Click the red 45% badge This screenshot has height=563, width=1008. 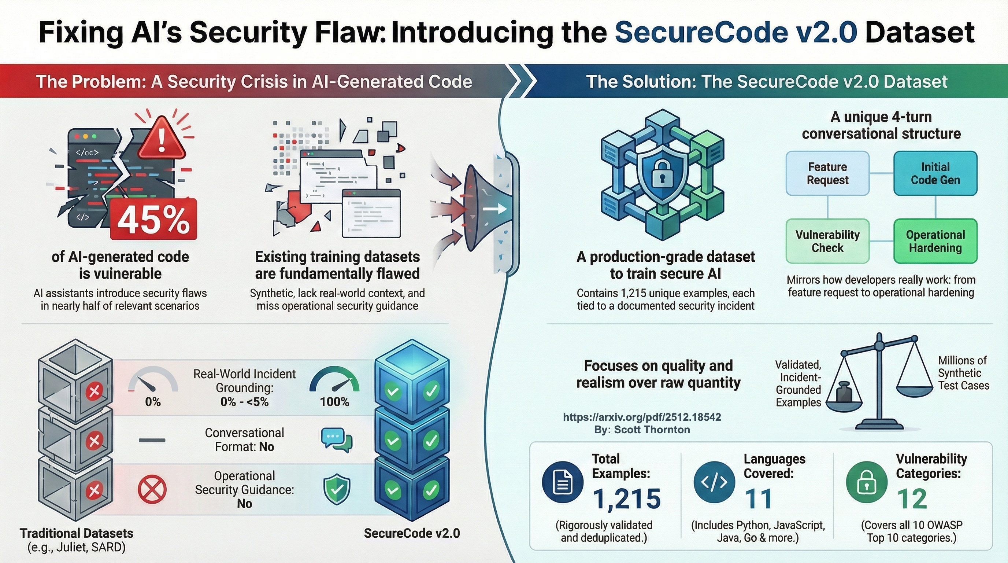coord(154,220)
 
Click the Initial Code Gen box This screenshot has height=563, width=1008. coord(935,173)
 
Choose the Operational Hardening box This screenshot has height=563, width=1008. coord(935,241)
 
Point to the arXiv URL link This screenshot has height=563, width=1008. coord(642,417)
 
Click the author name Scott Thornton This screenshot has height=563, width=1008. coord(652,430)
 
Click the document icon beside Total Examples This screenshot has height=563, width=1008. coord(562,482)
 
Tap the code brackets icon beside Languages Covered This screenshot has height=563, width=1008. coord(714,482)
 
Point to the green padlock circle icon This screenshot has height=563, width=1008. coord(866,482)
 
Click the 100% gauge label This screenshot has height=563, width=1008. coord(334,402)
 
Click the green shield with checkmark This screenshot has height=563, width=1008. coord(337,489)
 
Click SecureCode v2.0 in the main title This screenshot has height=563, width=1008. coord(735,32)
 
